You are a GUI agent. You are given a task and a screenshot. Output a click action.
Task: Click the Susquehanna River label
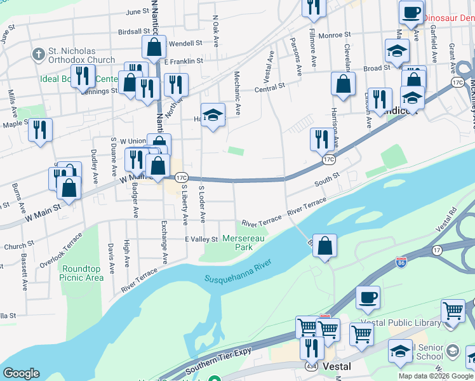(x=238, y=271)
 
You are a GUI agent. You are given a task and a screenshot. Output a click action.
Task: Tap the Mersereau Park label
(x=238, y=243)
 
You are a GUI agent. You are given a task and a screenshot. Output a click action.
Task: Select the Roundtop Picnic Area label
(x=82, y=273)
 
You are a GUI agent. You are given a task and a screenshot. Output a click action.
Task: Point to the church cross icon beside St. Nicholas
(x=38, y=55)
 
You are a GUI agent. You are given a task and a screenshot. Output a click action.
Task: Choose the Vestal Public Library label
(x=399, y=323)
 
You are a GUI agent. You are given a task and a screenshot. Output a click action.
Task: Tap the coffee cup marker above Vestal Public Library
(x=367, y=297)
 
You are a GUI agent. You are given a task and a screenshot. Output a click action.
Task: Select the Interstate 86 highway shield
(x=401, y=262)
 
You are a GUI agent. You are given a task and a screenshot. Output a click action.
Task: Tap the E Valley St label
(x=201, y=239)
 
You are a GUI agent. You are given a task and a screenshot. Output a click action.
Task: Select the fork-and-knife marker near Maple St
(x=41, y=130)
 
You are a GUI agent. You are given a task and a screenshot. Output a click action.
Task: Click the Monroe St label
(x=335, y=36)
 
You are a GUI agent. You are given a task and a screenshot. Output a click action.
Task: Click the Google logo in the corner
(x=21, y=373)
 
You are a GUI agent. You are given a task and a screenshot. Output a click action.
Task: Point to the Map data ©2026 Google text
(x=436, y=376)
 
